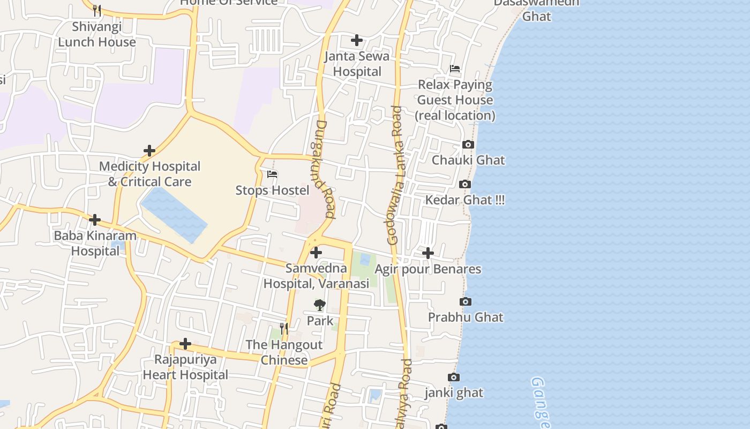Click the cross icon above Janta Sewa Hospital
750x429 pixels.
coord(356,40)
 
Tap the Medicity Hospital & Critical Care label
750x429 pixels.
coord(149,174)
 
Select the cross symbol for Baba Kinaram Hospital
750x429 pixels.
coord(95,220)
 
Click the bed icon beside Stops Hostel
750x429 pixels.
coord(272,174)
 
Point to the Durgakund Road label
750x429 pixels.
coord(322,169)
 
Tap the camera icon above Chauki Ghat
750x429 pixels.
coord(468,145)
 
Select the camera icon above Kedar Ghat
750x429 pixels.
coord(464,184)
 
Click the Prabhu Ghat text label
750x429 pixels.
coord(466,317)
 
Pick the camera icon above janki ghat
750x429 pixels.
coord(453,378)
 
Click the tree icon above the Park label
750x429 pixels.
coord(320,306)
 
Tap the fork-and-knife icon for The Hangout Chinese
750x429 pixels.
coord(284,328)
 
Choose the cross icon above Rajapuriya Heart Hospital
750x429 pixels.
coord(185,343)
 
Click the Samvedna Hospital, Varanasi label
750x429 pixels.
coord(316,276)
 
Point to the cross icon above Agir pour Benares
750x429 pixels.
coord(428,253)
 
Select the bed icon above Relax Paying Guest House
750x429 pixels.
coord(455,69)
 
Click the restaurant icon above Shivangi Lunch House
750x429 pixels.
coord(97,10)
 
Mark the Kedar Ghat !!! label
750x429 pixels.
coord(464,200)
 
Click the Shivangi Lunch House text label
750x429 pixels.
coord(97,34)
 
